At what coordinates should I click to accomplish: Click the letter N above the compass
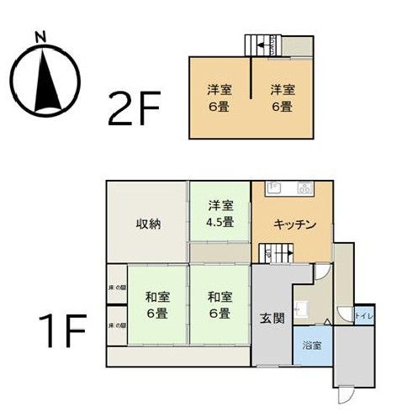pos(40,37)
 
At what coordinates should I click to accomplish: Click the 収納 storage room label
pos(149,224)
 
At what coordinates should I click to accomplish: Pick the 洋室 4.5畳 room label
pos(220,214)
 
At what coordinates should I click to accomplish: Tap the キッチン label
pos(294,224)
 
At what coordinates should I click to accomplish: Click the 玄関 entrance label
pos(270,319)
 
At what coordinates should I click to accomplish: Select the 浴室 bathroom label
pos(312,346)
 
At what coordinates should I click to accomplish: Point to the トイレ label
pos(362,316)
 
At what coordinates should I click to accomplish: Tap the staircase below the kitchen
pos(272,251)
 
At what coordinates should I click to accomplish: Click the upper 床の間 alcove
pos(117,288)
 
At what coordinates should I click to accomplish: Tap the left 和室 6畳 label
pos(157,304)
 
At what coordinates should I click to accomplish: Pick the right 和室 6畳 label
pos(220,304)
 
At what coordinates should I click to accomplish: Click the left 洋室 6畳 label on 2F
pos(220,98)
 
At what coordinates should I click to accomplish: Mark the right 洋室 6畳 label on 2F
pos(282,98)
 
